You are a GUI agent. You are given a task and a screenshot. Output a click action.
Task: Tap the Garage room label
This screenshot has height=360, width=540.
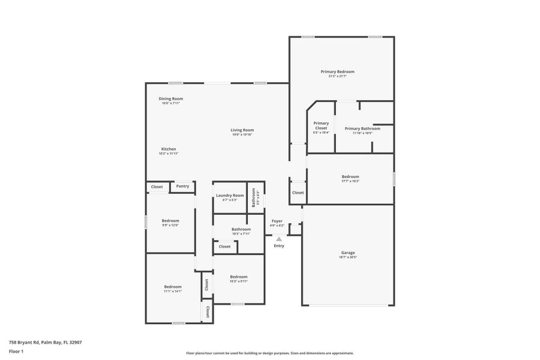coord(348,253)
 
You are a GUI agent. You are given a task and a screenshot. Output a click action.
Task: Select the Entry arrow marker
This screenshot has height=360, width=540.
coord(279,239)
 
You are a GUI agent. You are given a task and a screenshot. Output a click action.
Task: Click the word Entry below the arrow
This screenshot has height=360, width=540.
coord(279,246)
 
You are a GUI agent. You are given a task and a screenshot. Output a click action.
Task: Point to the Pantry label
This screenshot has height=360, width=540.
coord(183,186)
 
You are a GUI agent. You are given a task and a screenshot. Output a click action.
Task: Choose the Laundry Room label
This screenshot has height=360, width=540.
coord(230,195)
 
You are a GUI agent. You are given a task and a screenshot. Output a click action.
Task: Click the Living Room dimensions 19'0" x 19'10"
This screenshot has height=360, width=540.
coord(243,134)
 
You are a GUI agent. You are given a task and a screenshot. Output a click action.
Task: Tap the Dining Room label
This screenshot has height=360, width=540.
coord(170,98)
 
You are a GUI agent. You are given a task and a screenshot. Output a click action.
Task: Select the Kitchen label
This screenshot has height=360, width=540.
coord(169,149)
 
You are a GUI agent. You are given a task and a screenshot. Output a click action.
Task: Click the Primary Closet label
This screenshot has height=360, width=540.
coord(321,125)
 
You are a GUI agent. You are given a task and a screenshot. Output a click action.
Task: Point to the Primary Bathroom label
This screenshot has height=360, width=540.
coord(362,128)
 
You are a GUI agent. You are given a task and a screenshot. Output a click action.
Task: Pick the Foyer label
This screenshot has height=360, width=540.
coord(277,221)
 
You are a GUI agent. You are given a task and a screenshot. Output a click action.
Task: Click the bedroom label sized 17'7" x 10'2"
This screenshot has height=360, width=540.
coord(350,176)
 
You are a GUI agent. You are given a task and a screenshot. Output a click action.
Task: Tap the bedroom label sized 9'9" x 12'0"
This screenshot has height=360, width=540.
coord(170,220)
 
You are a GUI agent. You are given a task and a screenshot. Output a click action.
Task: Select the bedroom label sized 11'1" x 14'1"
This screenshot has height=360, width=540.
coord(173,286)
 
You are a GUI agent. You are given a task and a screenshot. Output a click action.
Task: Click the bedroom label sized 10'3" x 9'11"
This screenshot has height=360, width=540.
coord(239,277)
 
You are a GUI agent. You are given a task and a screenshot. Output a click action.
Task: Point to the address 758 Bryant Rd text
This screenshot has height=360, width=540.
coord(45,342)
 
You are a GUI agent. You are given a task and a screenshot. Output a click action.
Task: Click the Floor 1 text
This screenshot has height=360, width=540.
coord(17,351)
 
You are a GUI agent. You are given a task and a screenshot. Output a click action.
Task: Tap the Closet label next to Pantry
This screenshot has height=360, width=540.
coord(157,187)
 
